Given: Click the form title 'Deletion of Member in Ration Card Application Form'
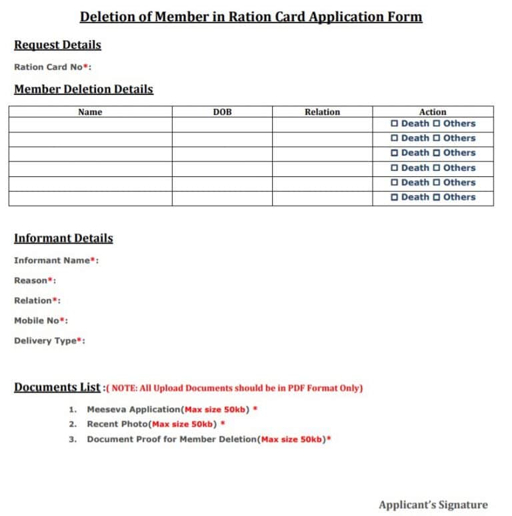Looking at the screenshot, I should pos(251,17).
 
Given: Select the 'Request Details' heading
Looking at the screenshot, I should pos(57,45).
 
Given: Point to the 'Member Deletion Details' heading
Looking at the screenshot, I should pos(83,89).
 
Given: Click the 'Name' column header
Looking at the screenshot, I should pos(90,112).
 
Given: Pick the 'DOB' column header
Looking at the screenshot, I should pos(222,112).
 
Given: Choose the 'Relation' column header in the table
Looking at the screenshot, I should pos(322,112).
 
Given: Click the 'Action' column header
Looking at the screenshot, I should pos(433,112).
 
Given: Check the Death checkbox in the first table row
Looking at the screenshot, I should pos(395,123).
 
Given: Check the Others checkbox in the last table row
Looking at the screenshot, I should pos(437,198).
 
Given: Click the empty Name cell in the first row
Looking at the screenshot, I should pos(90,124).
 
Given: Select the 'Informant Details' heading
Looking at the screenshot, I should pos(63,238).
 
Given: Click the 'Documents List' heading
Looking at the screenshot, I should pos(57,387).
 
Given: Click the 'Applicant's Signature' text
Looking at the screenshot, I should pos(433,505).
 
